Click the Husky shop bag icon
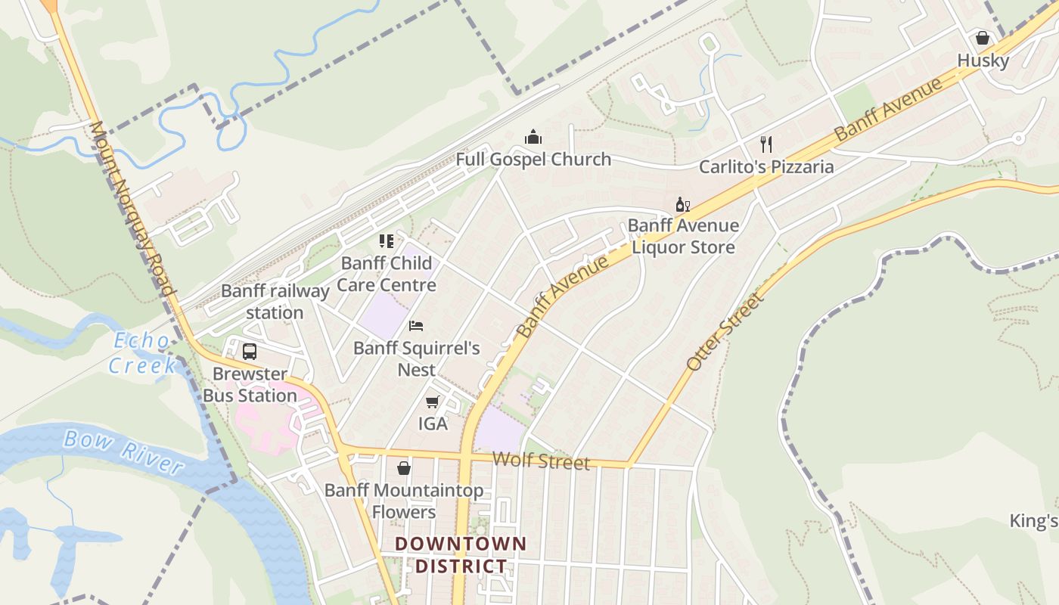point(982,38)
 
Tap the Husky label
point(983,60)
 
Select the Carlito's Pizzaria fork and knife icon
point(766,144)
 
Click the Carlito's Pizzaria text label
point(766,166)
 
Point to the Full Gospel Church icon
point(533,138)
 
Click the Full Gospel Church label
point(533,159)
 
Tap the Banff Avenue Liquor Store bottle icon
point(682,204)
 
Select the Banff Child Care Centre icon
point(387,241)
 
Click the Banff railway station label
point(275,301)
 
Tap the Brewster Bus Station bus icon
point(250,352)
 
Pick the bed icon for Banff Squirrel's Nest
point(415,326)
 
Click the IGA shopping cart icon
point(432,402)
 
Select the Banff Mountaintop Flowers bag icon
point(404,468)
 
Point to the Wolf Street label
point(540,460)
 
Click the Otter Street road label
point(725,331)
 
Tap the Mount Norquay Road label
point(132,208)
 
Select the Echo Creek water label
point(141,353)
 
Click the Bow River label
point(123,451)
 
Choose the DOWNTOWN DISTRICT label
point(461,554)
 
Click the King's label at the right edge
point(1033,520)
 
